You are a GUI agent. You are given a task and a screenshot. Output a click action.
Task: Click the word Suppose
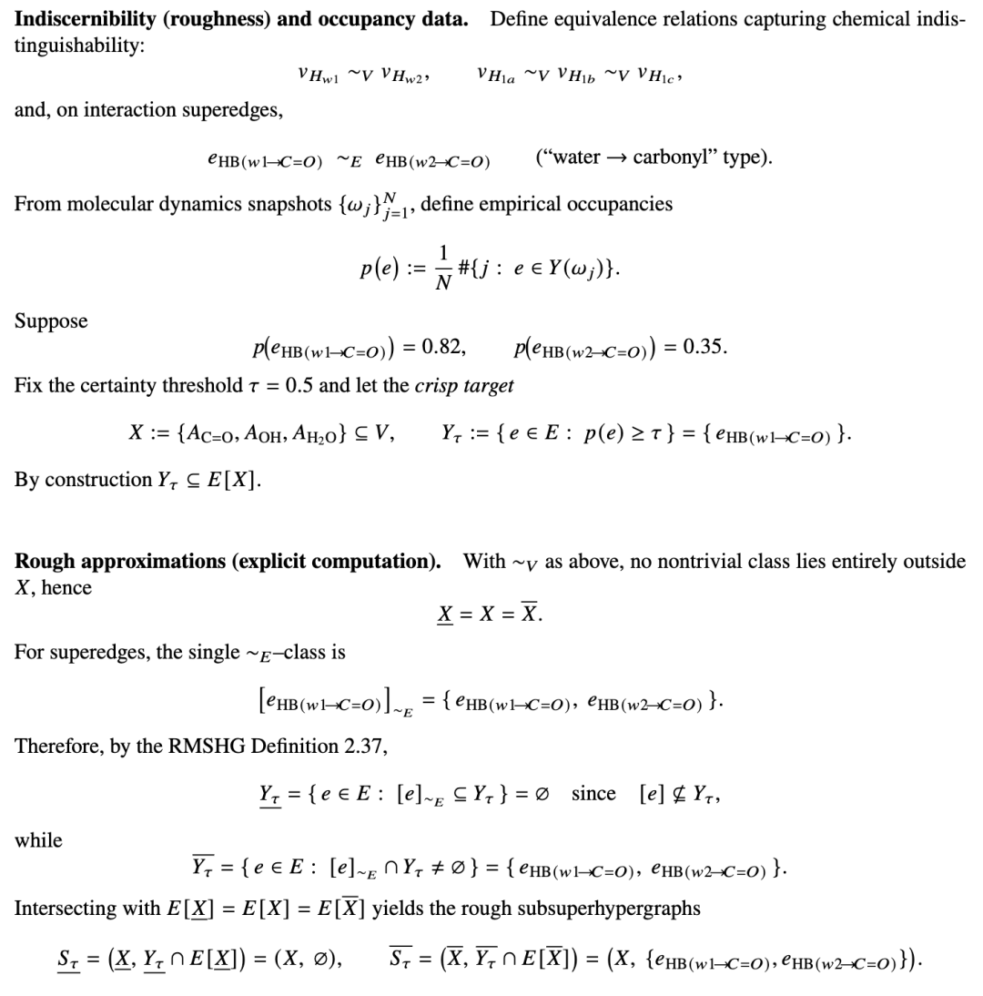(51, 321)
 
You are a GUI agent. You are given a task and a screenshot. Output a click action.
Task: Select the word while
(38, 840)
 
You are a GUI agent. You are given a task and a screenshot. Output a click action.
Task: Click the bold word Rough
(44, 561)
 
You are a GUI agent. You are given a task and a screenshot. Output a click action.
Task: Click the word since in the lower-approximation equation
(593, 794)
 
